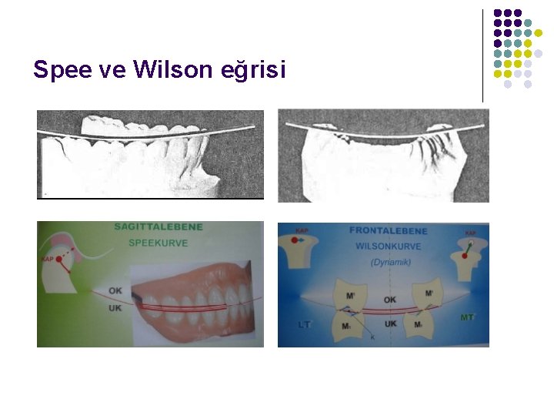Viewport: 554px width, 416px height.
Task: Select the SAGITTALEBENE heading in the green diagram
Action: coord(158,227)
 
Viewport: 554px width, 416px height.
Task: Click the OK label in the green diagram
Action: coord(115,290)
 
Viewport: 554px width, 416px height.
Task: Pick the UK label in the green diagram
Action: coord(115,307)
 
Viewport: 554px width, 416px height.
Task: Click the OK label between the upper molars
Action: coord(389,299)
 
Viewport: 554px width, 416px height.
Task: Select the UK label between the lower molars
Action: coord(391,324)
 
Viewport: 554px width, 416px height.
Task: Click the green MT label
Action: coord(467,317)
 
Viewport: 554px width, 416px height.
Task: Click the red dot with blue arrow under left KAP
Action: coord(295,243)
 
